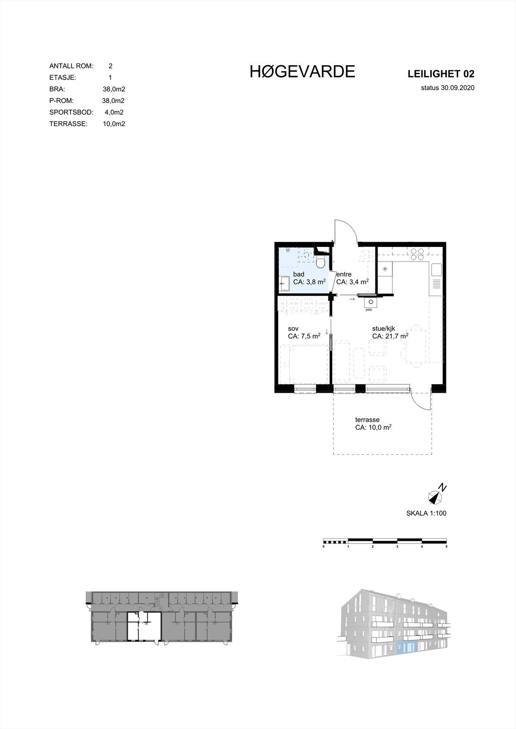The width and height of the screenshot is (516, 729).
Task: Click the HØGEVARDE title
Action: tap(302, 72)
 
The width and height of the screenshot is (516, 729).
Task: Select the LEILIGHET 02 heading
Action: tap(441, 74)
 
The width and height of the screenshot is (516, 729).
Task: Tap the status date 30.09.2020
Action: tap(448, 88)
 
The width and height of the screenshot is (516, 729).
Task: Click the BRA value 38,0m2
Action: tap(114, 89)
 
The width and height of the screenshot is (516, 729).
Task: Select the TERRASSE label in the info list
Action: tap(68, 123)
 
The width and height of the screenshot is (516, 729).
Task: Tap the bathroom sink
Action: tap(283, 283)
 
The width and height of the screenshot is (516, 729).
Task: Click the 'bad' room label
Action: tap(298, 274)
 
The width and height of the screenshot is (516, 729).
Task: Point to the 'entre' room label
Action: tap(344, 274)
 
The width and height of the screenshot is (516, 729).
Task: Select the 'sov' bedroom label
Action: tap(293, 329)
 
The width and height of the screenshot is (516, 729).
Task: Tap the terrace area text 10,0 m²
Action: tap(374, 428)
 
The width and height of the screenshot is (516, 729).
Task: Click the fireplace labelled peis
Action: tap(370, 302)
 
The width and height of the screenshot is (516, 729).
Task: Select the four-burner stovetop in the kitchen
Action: tap(417, 254)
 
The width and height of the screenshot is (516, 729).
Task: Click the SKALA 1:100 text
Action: tap(426, 513)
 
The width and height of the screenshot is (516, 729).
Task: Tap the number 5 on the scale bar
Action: tap(446, 546)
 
